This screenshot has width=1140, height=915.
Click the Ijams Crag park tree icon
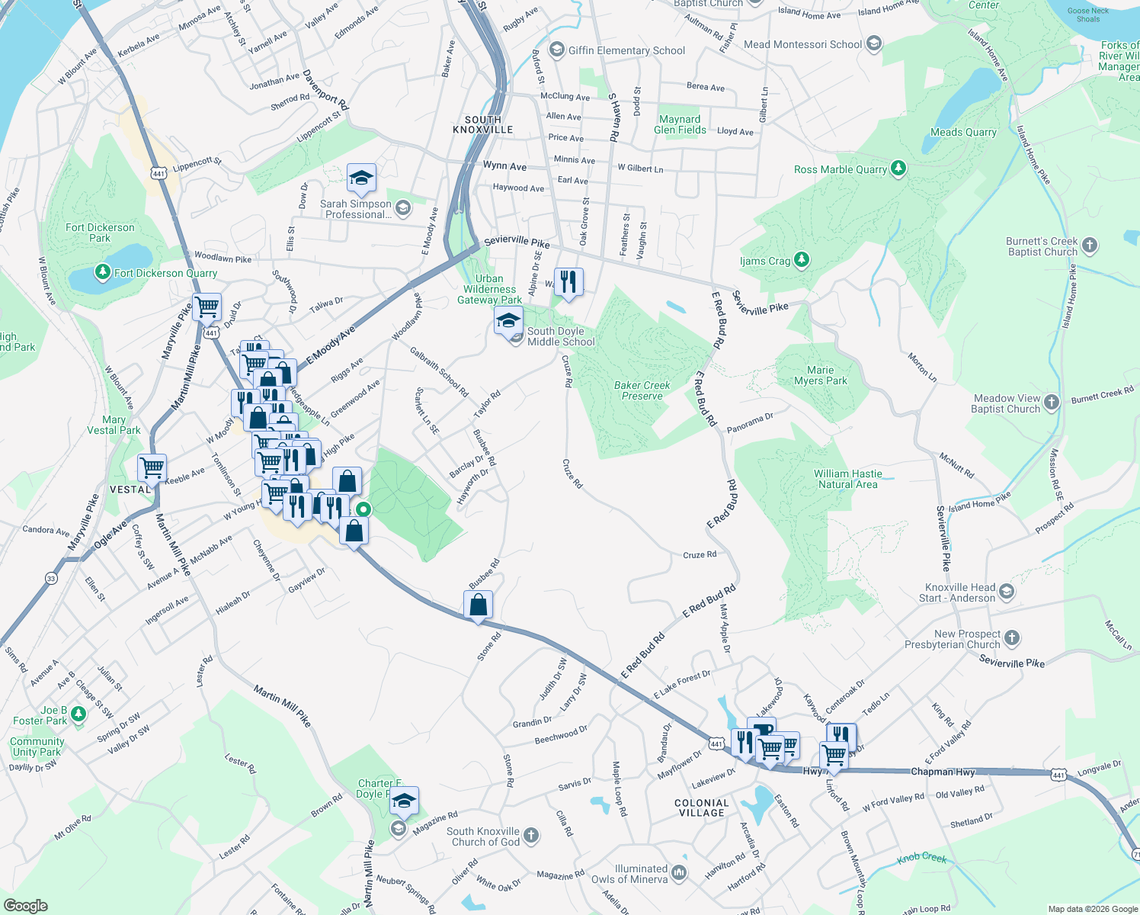801,261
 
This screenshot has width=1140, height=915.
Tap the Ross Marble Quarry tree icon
898,169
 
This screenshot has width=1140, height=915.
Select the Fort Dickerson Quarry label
165,273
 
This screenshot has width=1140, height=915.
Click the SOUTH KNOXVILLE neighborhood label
483,125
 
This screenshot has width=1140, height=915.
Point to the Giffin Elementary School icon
556,50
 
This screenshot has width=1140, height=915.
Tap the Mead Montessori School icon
874,43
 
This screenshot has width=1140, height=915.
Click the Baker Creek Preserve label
642,390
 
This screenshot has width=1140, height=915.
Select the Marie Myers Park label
820,375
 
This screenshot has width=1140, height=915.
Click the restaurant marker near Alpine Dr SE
568,282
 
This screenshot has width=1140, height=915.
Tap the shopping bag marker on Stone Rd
478,605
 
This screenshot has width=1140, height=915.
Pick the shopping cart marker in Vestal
152,467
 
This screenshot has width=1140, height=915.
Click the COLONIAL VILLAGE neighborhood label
702,807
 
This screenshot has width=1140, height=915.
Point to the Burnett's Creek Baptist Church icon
1090,246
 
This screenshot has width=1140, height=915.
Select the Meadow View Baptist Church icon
1052,403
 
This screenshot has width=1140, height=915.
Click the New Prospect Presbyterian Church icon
1012,638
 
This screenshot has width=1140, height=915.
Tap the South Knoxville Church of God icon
531,836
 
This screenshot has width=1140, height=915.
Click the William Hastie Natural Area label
847,479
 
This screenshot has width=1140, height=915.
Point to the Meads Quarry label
963,132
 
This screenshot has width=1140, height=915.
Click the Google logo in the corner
26,905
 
